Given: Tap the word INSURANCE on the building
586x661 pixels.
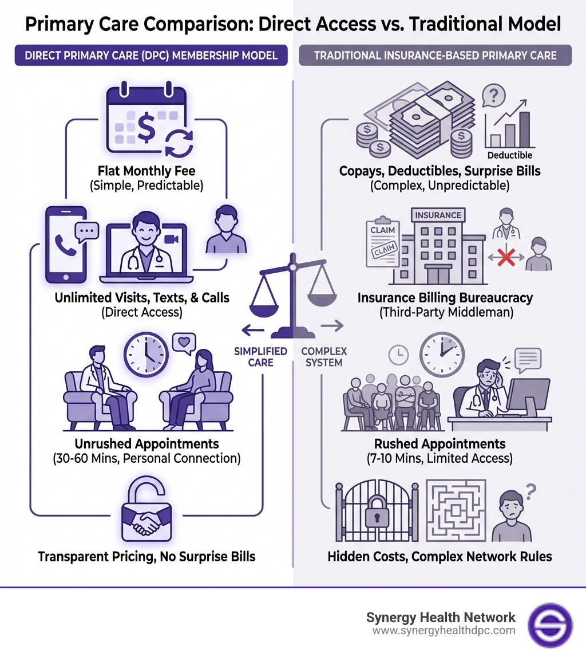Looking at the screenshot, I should (438, 215).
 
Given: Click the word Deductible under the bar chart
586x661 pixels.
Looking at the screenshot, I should (509, 155).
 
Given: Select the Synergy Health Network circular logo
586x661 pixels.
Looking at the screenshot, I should (549, 624).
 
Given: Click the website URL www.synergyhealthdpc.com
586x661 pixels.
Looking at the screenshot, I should (444, 631).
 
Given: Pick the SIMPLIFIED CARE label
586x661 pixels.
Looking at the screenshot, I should (260, 357).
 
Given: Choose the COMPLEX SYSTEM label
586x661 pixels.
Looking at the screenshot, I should (324, 357).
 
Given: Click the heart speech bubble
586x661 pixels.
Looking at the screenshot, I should (184, 342).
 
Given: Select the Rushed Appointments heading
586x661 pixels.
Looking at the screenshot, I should (439, 444).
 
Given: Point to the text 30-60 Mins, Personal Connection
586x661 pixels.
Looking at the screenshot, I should (146, 458).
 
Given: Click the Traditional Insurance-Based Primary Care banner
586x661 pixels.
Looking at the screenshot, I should (435, 56).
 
